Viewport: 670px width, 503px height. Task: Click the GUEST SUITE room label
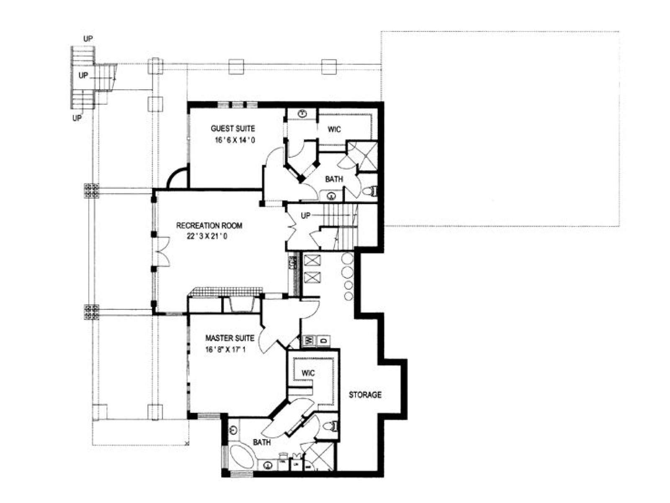pyautogui.click(x=232, y=128)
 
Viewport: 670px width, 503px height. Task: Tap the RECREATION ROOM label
pyautogui.click(x=209, y=226)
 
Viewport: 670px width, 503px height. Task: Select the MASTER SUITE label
pyautogui.click(x=229, y=338)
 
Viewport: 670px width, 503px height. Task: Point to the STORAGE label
pyautogui.click(x=365, y=395)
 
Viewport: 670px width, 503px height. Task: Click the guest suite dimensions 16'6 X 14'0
pyautogui.click(x=235, y=140)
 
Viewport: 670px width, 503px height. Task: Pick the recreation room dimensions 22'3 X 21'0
pyautogui.click(x=207, y=236)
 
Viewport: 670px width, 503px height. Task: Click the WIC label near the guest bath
pyautogui.click(x=334, y=130)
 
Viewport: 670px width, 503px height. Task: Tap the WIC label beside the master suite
pyautogui.click(x=308, y=373)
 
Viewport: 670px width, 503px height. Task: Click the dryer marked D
pyautogui.click(x=324, y=340)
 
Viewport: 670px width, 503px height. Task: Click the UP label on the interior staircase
pyautogui.click(x=306, y=215)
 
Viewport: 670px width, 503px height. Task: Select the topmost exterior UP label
pyautogui.click(x=88, y=39)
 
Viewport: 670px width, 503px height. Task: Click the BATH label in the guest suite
pyautogui.click(x=334, y=179)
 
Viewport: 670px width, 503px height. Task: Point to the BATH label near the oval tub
pyautogui.click(x=262, y=442)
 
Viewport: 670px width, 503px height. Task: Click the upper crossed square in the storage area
pyautogui.click(x=312, y=261)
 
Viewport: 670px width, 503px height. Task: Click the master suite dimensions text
pyautogui.click(x=225, y=350)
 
